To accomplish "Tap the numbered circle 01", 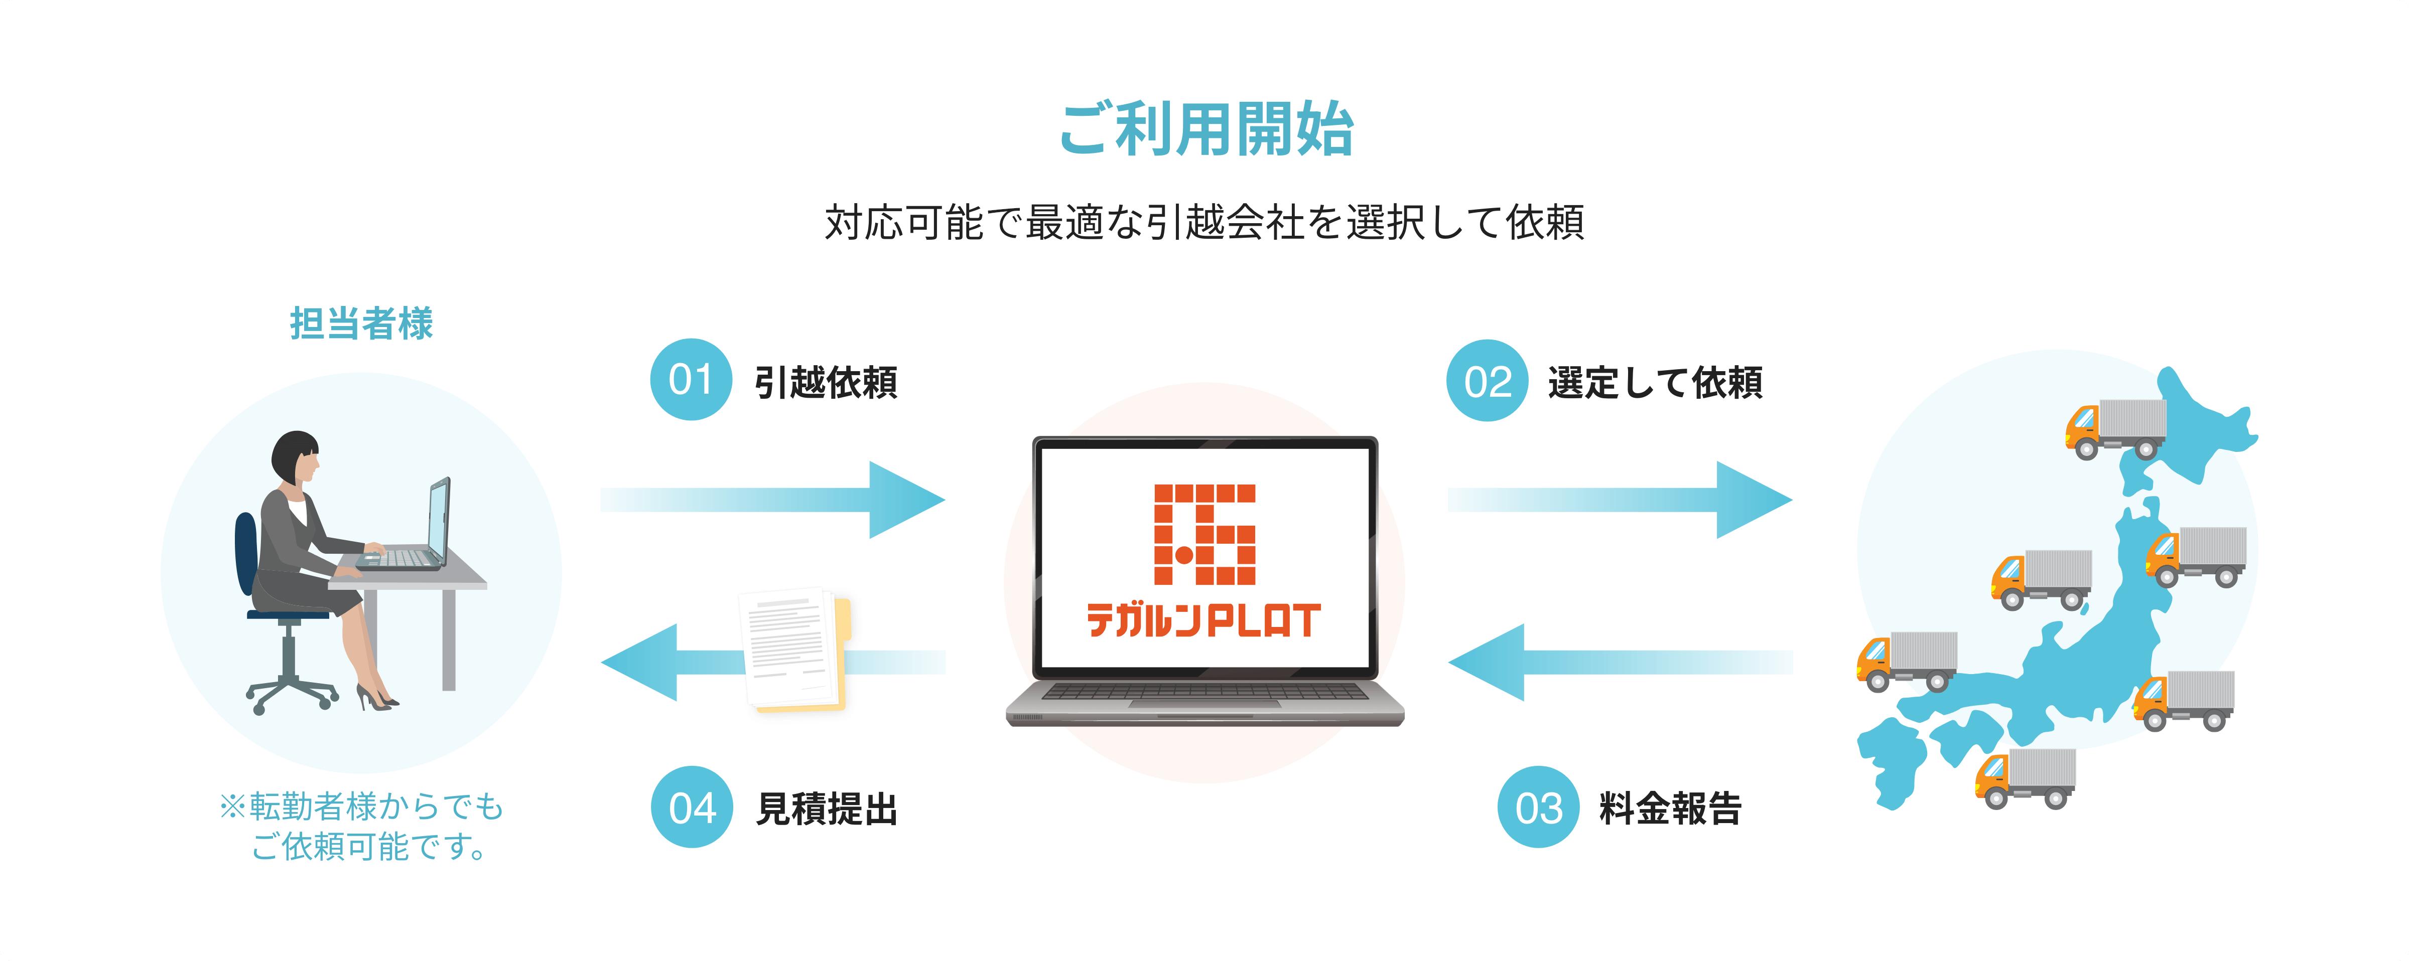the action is [x=691, y=380].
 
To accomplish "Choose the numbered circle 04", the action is [x=692, y=807].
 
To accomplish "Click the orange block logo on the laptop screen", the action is [x=1204, y=534].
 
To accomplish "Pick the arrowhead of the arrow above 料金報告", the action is [x=1487, y=662].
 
